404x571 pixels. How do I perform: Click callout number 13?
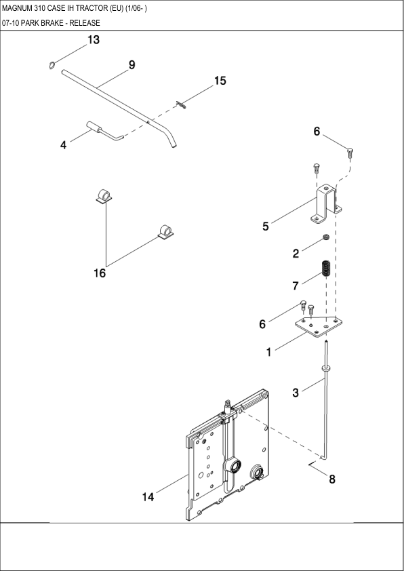pos(92,40)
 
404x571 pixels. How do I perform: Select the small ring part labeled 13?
pos(52,65)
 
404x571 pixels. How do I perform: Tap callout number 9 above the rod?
pos(132,65)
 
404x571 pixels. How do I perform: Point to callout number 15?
pos(220,81)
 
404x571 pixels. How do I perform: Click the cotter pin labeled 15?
pos(181,104)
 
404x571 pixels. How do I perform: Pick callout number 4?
pos(64,144)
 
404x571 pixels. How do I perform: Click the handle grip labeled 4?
pos(94,127)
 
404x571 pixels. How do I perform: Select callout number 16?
pos(100,273)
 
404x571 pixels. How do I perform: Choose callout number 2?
pos(296,254)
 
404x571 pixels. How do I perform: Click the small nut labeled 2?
pos(326,237)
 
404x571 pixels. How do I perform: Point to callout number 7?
pos(296,285)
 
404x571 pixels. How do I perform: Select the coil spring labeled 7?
pos(325,269)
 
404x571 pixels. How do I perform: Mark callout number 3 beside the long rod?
pos(296,392)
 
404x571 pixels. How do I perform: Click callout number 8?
pos(331,479)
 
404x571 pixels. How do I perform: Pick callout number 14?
pos(148,497)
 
